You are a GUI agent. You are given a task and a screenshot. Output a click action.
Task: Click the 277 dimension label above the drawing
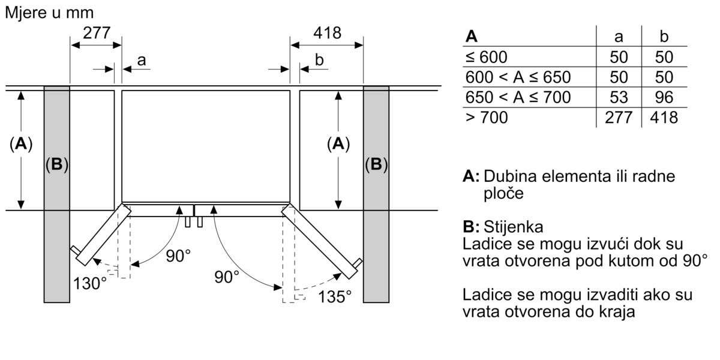(97, 33)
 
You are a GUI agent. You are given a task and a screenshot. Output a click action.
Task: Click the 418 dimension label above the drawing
(327, 33)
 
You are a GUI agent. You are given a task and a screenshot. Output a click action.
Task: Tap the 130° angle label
(90, 283)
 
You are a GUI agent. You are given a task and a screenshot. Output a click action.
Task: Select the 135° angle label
(335, 296)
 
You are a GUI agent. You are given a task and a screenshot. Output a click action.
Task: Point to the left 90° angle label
(178, 256)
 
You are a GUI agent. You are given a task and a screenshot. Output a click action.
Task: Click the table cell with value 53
(619, 97)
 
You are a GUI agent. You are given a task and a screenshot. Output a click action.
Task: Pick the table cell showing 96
(664, 97)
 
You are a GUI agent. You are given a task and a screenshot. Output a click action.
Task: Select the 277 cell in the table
(619, 118)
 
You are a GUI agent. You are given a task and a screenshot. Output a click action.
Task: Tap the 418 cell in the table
(664, 118)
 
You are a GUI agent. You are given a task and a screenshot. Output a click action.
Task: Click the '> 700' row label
(487, 118)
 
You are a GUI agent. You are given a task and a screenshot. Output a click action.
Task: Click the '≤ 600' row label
(487, 57)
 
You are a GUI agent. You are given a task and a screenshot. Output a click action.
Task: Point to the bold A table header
(471, 37)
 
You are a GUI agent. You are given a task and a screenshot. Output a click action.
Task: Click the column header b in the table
(664, 37)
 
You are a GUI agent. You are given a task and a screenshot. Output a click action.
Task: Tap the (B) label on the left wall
(57, 164)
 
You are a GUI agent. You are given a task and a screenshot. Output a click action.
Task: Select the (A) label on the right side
(338, 143)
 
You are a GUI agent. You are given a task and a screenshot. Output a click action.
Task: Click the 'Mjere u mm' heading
(49, 13)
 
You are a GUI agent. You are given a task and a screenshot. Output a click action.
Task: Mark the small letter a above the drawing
(142, 60)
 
